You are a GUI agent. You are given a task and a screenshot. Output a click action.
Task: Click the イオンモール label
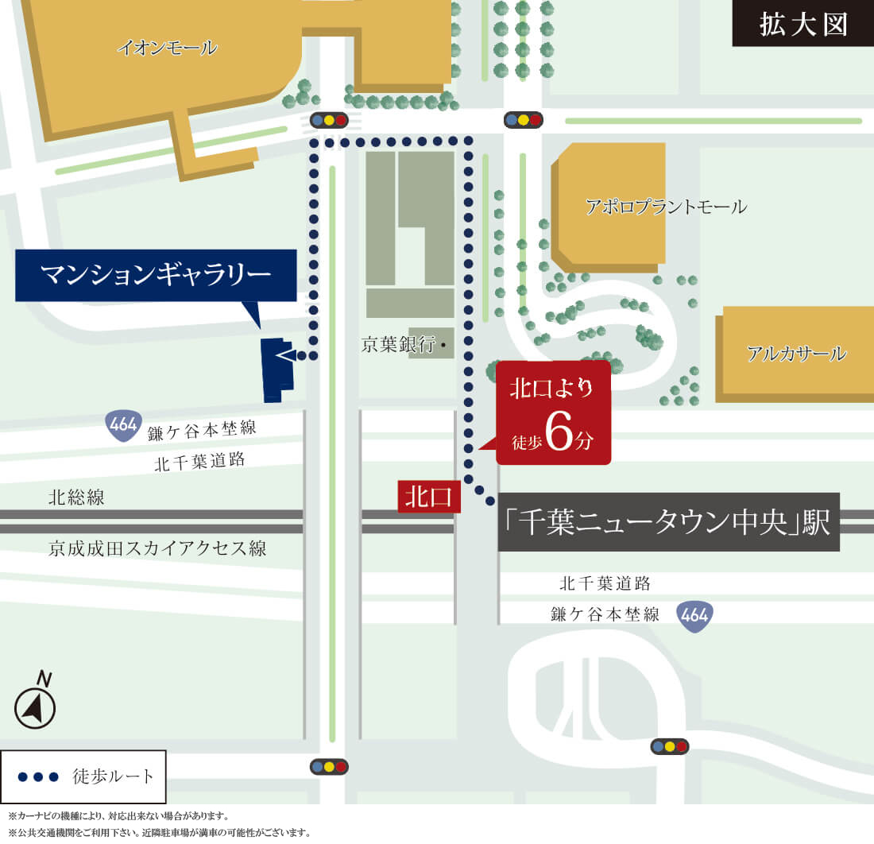click(167, 48)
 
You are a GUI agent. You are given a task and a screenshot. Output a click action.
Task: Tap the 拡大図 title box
click(802, 24)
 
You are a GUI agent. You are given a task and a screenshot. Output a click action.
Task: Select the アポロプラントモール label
click(666, 207)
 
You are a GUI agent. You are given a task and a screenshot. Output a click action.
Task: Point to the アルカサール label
click(796, 354)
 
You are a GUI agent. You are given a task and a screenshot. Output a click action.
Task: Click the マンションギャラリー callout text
click(156, 275)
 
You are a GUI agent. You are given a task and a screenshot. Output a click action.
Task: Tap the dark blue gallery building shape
click(276, 370)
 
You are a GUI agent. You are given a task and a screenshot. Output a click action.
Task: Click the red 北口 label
click(428, 497)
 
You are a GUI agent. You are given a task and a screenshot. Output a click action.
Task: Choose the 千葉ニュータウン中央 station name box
click(668, 522)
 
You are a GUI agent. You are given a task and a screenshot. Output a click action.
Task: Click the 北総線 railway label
click(76, 498)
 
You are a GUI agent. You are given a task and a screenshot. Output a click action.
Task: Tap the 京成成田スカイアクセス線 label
click(157, 548)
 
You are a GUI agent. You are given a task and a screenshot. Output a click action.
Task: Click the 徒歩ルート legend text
click(114, 776)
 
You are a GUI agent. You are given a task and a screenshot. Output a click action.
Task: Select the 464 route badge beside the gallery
click(123, 426)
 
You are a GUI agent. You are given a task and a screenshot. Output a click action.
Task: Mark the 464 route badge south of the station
click(694, 615)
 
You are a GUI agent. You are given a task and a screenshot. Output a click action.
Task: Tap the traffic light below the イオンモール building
click(330, 121)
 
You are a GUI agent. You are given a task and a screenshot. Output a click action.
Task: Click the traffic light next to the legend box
click(330, 767)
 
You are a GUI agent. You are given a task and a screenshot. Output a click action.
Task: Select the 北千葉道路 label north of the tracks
click(199, 462)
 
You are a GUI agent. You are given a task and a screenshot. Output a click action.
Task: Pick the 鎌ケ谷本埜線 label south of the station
click(605, 614)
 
